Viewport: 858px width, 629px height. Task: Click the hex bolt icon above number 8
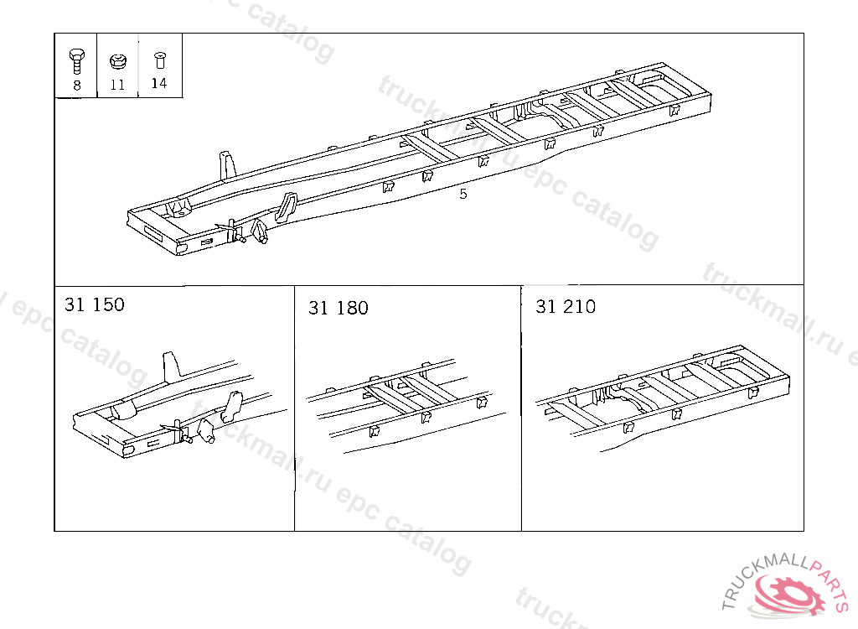76,61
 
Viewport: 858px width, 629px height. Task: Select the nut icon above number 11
118,61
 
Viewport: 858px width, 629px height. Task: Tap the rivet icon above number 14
159,60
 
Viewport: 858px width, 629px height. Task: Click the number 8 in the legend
76,85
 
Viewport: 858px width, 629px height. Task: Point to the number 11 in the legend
117,85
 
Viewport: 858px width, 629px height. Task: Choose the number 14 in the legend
158,83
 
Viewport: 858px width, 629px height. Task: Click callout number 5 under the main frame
463,194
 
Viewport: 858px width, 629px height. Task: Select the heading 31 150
95,304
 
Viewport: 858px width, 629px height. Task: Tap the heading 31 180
339,308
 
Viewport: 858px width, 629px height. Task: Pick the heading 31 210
566,306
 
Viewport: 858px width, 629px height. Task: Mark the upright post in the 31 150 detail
171,365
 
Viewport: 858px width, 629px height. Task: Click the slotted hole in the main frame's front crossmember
154,231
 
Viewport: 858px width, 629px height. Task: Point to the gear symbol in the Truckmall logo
788,595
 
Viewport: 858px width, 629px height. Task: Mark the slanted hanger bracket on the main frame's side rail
286,208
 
